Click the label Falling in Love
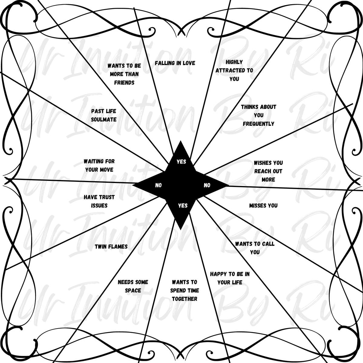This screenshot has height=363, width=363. [175, 63]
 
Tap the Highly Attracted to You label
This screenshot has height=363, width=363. [234, 70]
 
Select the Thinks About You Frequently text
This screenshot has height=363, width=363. [258, 115]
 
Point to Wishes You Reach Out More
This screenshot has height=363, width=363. [268, 171]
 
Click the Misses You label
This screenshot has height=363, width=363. [263, 205]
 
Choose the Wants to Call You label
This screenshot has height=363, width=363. [255, 248]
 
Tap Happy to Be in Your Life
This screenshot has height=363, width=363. [230, 278]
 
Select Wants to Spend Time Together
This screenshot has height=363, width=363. [185, 290]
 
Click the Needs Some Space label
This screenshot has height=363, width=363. [133, 286]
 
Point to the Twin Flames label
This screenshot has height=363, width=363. [111, 247]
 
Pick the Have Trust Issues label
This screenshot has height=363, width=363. [99, 201]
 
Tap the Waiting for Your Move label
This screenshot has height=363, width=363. [99, 165]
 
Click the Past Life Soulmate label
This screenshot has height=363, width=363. [104, 115]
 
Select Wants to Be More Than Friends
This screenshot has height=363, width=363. [124, 74]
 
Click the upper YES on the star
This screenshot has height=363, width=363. [181, 162]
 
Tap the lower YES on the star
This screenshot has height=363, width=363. [183, 205]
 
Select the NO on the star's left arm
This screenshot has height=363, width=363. [159, 185]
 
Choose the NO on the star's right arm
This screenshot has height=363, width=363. [207, 185]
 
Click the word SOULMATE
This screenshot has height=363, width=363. [104, 119]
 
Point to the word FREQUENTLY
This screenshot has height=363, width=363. [258, 124]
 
